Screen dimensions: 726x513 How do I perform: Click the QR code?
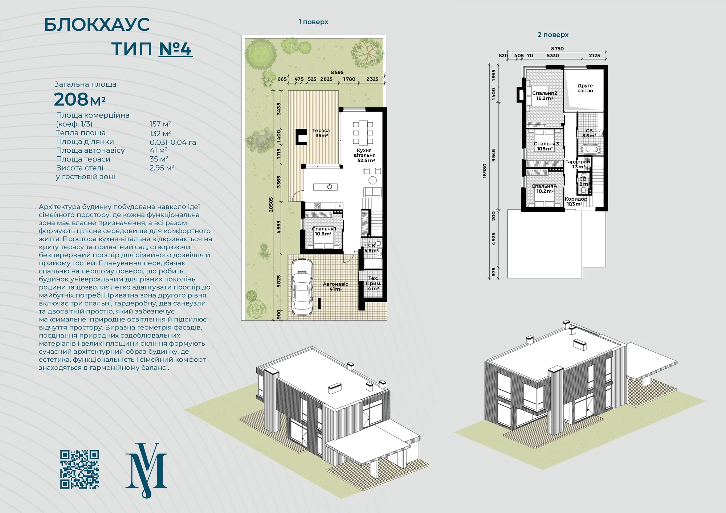(79, 469)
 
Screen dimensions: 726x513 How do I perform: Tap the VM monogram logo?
(146, 470)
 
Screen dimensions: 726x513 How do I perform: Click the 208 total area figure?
(71, 99)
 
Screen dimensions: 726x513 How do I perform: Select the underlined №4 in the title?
(176, 49)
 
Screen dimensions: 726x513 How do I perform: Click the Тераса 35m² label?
(321, 133)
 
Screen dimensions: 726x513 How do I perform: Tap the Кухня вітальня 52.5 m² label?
(365, 155)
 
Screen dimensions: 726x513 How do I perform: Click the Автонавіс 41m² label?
(335, 287)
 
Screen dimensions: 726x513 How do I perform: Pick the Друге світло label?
(585, 88)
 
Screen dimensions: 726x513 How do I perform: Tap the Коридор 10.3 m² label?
(576, 201)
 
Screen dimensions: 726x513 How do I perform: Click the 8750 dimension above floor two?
(557, 49)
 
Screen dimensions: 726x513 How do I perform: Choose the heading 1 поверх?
(313, 22)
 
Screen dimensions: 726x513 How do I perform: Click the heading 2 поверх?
(553, 35)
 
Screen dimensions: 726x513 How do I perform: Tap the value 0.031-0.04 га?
(173, 142)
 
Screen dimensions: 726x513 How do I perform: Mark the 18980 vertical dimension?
(484, 171)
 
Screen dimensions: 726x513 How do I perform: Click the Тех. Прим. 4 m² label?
(373, 283)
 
